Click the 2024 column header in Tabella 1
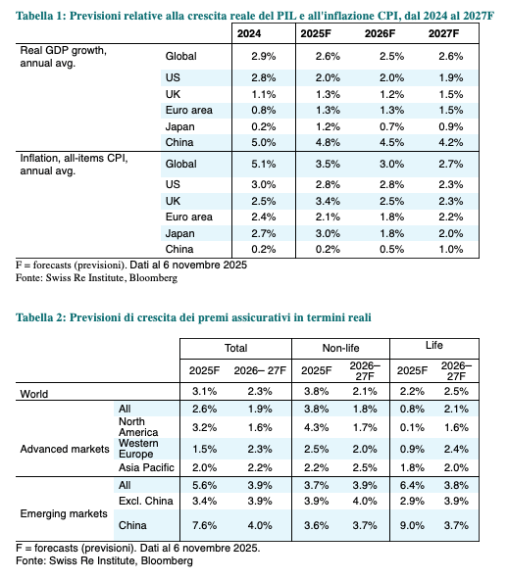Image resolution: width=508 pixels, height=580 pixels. click(x=249, y=33)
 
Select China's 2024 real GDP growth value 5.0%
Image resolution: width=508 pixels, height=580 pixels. click(x=263, y=142)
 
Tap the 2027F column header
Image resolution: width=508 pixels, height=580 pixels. click(x=443, y=33)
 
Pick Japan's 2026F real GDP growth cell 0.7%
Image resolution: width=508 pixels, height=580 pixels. click(x=391, y=127)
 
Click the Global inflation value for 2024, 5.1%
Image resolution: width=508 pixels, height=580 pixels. click(x=263, y=164)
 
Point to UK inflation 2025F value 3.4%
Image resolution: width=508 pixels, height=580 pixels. click(x=328, y=201)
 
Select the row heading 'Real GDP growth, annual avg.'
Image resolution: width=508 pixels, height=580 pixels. click(x=64, y=57)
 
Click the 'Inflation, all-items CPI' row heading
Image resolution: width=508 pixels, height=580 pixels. click(x=74, y=159)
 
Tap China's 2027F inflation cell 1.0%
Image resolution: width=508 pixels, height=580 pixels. click(x=450, y=249)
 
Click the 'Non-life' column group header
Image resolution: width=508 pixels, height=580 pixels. click(x=340, y=348)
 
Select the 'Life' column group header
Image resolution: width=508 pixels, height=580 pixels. click(x=433, y=345)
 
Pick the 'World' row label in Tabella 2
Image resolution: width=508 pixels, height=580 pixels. click(x=34, y=394)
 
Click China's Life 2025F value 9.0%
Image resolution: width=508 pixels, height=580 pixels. click(x=412, y=525)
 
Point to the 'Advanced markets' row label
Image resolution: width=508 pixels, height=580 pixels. click(x=65, y=449)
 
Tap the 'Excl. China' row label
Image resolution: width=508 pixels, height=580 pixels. click(x=146, y=501)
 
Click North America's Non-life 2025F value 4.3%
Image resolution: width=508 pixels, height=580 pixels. click(x=316, y=427)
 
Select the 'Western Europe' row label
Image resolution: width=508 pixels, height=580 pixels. click(x=138, y=449)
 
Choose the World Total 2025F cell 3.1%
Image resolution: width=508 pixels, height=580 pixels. click(x=204, y=391)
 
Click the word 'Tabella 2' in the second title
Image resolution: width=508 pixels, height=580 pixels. click(x=40, y=317)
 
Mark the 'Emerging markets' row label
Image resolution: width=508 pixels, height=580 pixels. click(x=64, y=513)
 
